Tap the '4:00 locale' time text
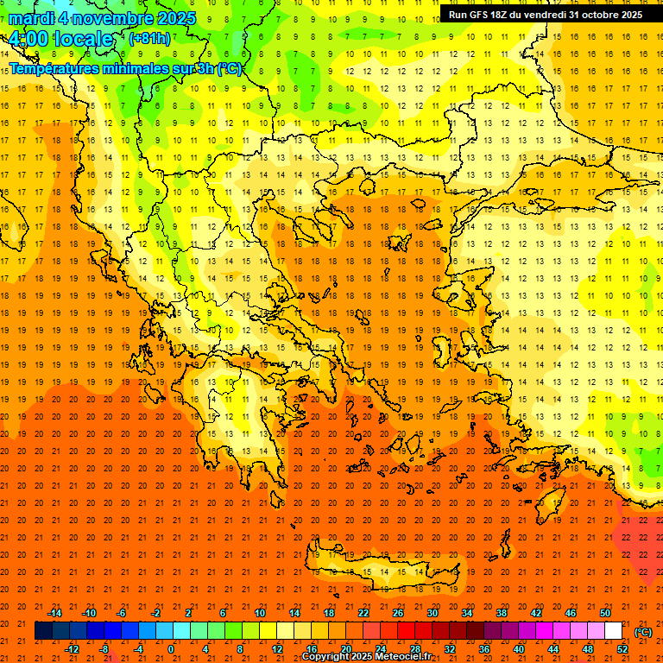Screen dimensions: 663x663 [60, 39]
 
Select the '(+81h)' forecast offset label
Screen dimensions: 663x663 [149, 39]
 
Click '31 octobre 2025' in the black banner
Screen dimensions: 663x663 [605, 15]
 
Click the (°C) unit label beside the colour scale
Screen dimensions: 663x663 [643, 632]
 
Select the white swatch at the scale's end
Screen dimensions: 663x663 [614, 631]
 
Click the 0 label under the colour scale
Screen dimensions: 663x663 [171, 649]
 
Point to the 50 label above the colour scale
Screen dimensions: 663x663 [605, 613]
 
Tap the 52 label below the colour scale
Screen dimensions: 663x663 [622, 649]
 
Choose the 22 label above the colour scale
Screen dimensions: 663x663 [363, 613]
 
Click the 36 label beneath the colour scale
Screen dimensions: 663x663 [484, 649]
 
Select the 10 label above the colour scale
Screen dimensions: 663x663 [260, 613]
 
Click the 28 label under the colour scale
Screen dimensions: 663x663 [415, 649]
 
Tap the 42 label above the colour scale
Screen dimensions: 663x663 [536, 613]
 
